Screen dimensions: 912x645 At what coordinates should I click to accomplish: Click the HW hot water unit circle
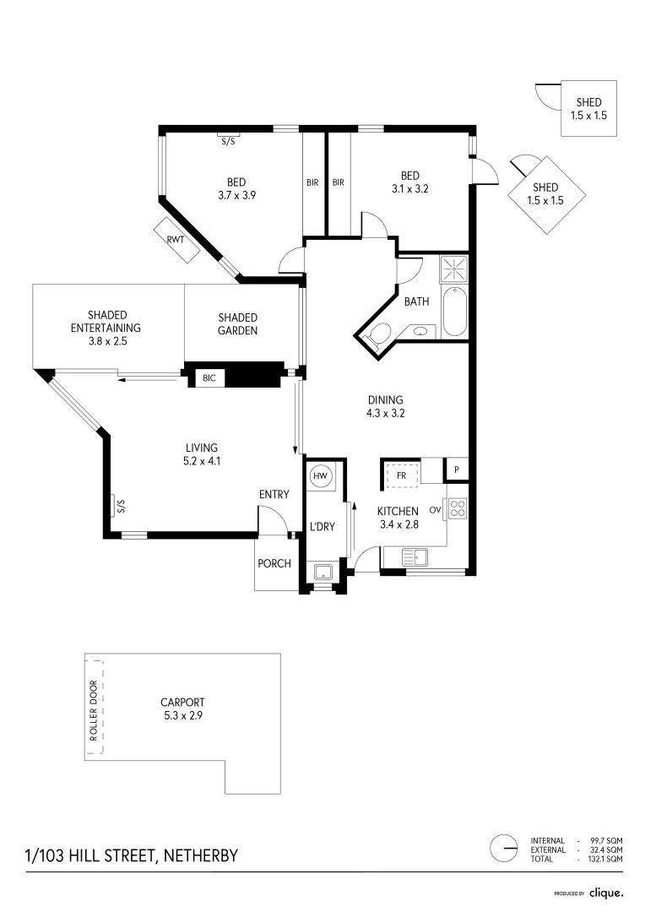point(321,476)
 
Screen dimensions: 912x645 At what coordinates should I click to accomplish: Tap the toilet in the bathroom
point(378,334)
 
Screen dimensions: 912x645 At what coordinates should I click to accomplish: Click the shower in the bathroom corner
point(453,270)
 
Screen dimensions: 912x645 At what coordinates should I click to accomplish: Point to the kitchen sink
point(415,556)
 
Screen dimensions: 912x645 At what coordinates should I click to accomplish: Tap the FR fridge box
point(402,475)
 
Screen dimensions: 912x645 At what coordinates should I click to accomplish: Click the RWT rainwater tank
point(176,240)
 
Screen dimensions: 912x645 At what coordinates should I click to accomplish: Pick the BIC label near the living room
point(209,378)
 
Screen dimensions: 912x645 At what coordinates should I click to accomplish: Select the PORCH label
point(274,563)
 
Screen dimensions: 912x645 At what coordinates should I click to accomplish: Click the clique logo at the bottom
point(606,893)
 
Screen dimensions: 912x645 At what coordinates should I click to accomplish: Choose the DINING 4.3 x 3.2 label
point(385,407)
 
